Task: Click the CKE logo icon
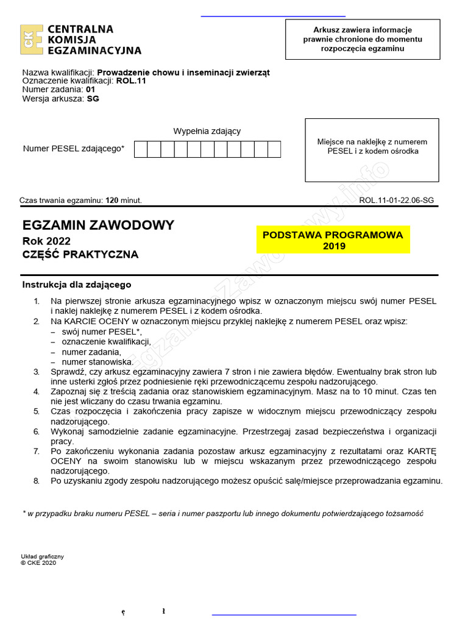point(32,40)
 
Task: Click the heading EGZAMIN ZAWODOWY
point(98,225)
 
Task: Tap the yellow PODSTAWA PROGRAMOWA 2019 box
point(333,240)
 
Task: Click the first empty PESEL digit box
point(141,149)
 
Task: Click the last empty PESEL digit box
point(274,149)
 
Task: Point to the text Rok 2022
point(46,241)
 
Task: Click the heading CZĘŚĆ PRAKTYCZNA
point(80,255)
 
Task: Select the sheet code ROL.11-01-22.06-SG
point(397,200)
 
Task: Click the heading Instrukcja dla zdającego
point(77,285)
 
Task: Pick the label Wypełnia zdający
point(207,131)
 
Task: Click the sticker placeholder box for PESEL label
point(372,150)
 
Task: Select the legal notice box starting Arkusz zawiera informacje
point(363,39)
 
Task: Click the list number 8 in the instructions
point(37,481)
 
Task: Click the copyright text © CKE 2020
point(38,563)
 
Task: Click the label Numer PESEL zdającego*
point(74,148)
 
